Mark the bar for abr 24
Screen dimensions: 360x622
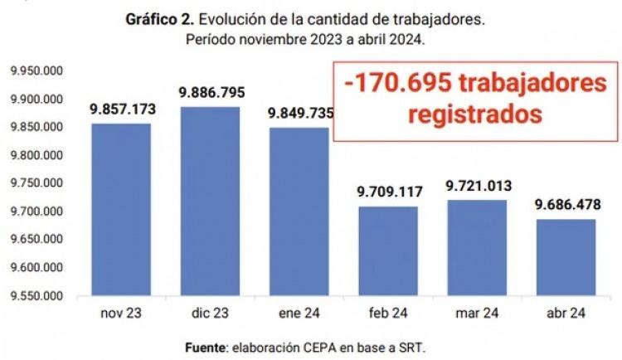565,257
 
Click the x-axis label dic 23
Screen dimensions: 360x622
210,314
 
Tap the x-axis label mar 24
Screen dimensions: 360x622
476,314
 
